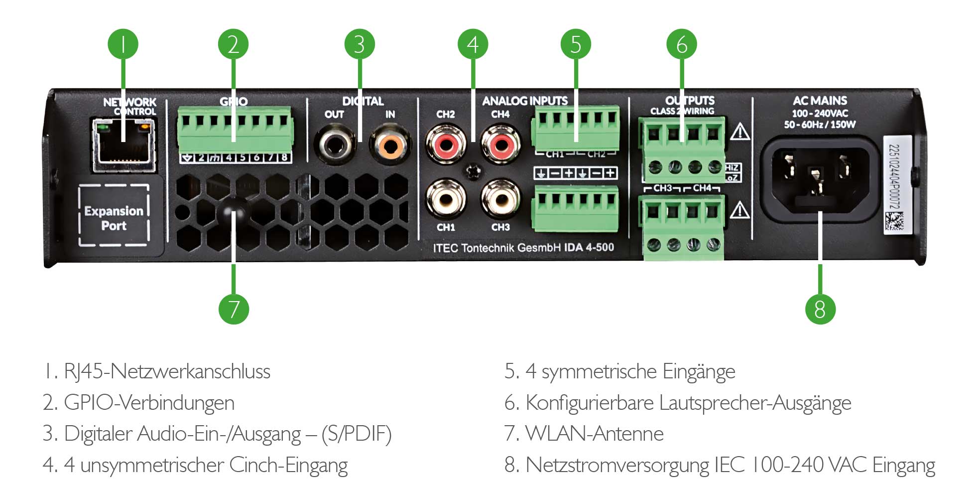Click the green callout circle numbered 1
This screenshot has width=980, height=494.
coord(123,44)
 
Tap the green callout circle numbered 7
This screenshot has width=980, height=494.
coord(234,309)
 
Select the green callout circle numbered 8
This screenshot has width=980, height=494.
coord(820,309)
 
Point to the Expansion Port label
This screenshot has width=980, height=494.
coord(114,218)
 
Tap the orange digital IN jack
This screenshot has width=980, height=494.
coord(390,146)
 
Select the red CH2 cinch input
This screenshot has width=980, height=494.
coord(445,146)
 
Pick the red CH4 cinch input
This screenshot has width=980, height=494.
coord(500,146)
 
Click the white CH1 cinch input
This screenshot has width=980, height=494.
coord(445,200)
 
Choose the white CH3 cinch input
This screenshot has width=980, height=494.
coord(500,200)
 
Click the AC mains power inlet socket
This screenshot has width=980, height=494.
coord(820,178)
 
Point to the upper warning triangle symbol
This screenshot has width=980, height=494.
coord(740,133)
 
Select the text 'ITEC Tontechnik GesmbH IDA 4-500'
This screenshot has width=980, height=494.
coord(523,248)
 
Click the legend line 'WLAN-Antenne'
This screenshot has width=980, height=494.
coord(584,434)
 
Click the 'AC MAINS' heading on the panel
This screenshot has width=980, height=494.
coord(820,101)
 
